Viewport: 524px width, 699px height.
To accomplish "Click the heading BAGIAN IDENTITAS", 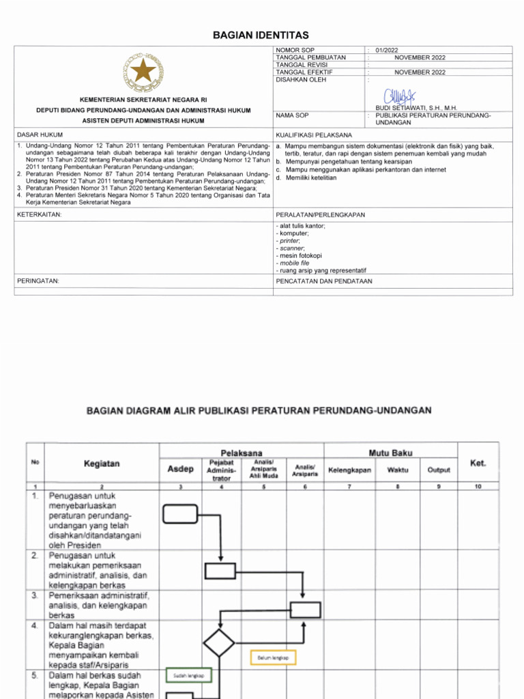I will (x=263, y=35).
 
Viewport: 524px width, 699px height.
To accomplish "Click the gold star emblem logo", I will (x=143, y=70).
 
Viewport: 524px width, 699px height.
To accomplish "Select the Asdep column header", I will (x=181, y=470).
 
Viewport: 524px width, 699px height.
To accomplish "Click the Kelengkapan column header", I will (x=349, y=470).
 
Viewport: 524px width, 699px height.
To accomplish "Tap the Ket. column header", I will (x=478, y=463).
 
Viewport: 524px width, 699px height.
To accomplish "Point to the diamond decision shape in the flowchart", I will (x=219, y=643).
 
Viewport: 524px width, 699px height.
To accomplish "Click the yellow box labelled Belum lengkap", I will (x=274, y=657).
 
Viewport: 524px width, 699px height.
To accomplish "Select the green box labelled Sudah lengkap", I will (x=190, y=675).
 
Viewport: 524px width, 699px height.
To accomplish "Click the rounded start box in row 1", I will (x=180, y=513).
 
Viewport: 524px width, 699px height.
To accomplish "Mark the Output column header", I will (x=439, y=470).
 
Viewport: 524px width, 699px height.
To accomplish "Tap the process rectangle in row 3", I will (x=305, y=609).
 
